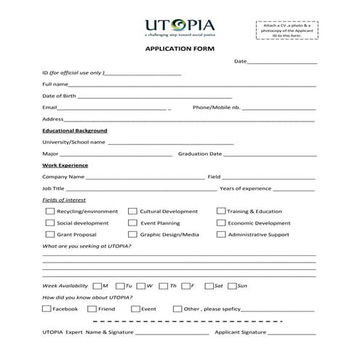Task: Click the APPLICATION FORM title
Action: [x=180, y=49]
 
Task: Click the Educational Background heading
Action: [x=75, y=130]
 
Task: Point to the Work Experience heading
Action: [x=65, y=165]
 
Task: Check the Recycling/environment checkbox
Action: [x=49, y=212]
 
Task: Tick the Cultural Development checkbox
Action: [x=133, y=212]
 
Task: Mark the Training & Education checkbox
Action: [x=220, y=212]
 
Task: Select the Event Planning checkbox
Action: [x=133, y=223]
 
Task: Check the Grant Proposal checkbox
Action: [x=49, y=235]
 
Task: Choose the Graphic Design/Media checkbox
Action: [x=133, y=235]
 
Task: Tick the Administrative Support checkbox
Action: [x=220, y=235]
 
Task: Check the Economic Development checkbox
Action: [x=220, y=223]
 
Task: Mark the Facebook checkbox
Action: [x=47, y=309]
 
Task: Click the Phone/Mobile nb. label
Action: [x=216, y=108]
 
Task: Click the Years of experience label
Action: [x=245, y=188]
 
